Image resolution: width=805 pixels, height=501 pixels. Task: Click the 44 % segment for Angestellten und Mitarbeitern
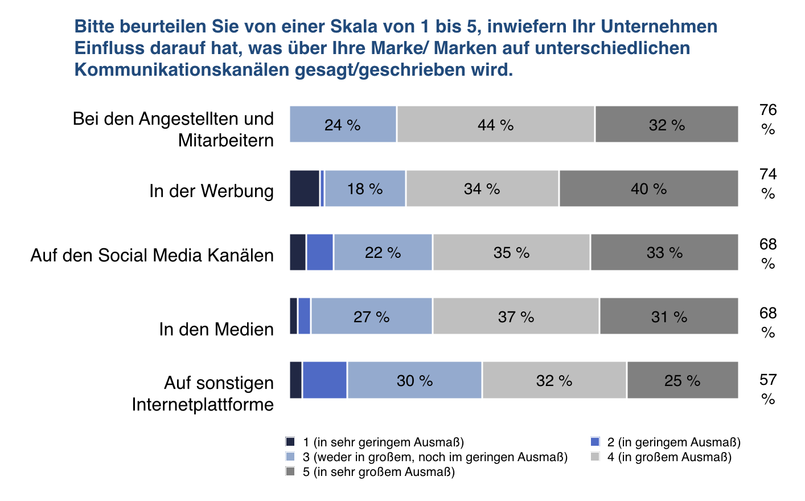coord(496,124)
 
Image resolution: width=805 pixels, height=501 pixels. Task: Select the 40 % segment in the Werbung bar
coord(648,188)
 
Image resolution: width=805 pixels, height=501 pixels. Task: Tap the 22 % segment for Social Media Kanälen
coord(383,252)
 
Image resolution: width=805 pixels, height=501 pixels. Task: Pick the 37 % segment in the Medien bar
coord(516,316)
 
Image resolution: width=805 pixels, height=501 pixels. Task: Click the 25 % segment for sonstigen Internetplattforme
coord(683,380)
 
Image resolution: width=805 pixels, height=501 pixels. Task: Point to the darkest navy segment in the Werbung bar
coord(305,188)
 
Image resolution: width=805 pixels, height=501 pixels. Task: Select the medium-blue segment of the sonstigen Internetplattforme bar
coord(325,380)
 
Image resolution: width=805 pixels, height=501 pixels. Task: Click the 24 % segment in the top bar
coord(343,124)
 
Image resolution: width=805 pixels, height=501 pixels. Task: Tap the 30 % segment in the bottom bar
coord(414,380)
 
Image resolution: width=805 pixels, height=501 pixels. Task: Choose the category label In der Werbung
coord(211,191)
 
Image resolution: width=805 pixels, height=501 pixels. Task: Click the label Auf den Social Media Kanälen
coord(152,255)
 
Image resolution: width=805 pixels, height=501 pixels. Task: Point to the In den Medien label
coord(216,329)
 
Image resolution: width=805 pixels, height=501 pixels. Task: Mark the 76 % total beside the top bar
coord(768,120)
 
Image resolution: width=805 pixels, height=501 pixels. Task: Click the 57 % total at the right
coord(768,389)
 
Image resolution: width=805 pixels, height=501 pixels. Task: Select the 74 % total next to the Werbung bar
coord(768,183)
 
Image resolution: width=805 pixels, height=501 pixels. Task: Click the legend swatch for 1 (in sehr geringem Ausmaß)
coord(290,442)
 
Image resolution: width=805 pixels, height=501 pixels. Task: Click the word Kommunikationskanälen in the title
coord(182,70)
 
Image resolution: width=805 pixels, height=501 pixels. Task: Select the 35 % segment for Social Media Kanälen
coord(511,252)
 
